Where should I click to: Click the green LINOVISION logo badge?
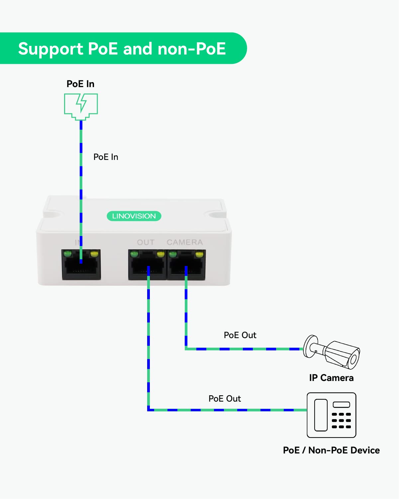tap(134, 216)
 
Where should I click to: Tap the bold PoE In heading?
tap(80, 84)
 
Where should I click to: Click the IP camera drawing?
tap(332, 352)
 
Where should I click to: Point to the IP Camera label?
tap(331, 378)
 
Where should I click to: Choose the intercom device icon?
tap(331, 415)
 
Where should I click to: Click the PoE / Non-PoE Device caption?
tap(331, 450)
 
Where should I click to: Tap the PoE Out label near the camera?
tap(240, 335)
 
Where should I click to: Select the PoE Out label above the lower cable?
tap(225, 399)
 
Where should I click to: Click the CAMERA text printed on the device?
tap(185, 242)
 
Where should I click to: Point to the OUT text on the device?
tap(146, 242)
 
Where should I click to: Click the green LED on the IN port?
tap(68, 254)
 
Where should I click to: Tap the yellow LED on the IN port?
tap(94, 254)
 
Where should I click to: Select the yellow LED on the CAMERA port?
tap(199, 255)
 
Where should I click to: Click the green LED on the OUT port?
tap(134, 255)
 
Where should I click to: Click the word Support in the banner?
tap(50, 49)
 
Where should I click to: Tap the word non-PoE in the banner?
tap(192, 49)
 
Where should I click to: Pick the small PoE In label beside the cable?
tap(106, 157)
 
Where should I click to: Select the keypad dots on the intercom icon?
tap(341, 421)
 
